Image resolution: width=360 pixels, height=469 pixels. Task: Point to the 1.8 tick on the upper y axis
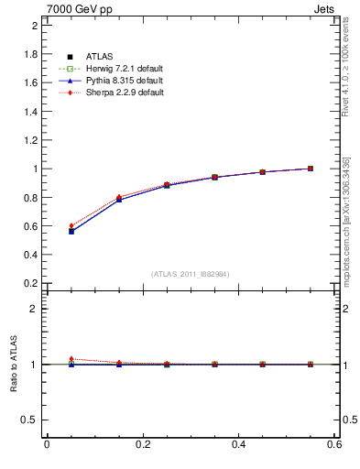[30, 54]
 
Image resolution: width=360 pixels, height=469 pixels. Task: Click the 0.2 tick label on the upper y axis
[30, 283]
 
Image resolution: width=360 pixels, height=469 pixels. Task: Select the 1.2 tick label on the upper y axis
[30, 140]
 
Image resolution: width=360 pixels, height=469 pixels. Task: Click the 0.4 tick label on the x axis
[238, 446]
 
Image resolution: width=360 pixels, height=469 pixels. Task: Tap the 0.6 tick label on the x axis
[334, 446]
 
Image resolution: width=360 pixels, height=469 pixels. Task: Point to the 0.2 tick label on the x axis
[142, 446]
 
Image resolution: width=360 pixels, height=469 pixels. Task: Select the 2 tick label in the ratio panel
[34, 309]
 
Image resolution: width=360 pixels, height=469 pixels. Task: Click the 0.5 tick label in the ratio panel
[30, 420]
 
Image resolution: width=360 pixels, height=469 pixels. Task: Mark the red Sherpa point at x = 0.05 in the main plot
[71, 225]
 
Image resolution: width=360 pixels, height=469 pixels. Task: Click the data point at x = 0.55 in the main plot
[311, 169]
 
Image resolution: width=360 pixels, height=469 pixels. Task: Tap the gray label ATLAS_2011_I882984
[191, 274]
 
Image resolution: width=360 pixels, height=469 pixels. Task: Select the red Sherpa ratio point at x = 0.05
[71, 359]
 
